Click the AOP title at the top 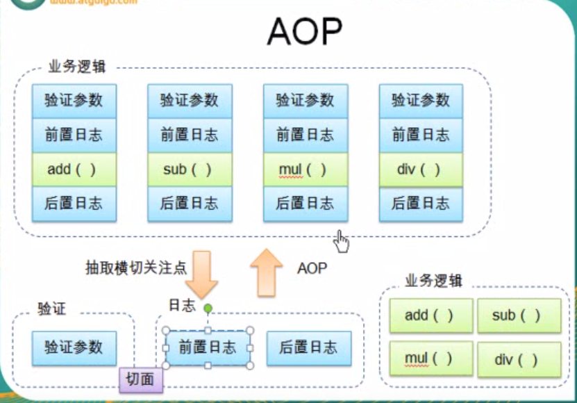(304, 32)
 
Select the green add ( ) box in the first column (74, 170)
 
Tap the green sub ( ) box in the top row (190, 170)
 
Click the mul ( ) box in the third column (306, 170)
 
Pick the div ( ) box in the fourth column (421, 170)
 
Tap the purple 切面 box (141, 379)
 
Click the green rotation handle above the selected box (208, 307)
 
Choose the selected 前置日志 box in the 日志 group (208, 347)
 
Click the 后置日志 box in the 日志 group (308, 347)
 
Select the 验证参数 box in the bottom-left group (74, 347)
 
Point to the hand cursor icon (341, 241)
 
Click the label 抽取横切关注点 (135, 268)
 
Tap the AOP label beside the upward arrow (312, 268)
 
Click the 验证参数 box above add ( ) (74, 101)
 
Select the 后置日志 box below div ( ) (421, 204)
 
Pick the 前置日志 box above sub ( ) (190, 135)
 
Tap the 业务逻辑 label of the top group (76, 67)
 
